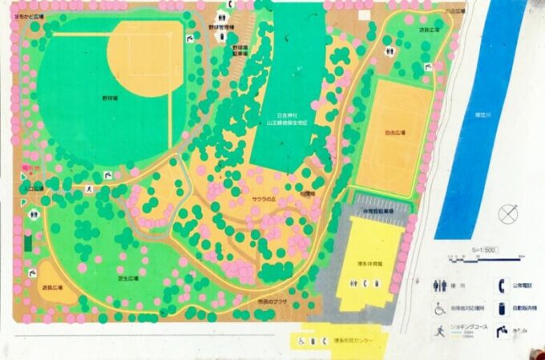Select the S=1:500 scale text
coord(482,250)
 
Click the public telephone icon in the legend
coord(503,284)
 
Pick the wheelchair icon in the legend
coord(439,309)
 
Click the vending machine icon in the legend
coord(503,307)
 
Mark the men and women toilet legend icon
coord(439,285)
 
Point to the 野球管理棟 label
coord(220,27)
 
